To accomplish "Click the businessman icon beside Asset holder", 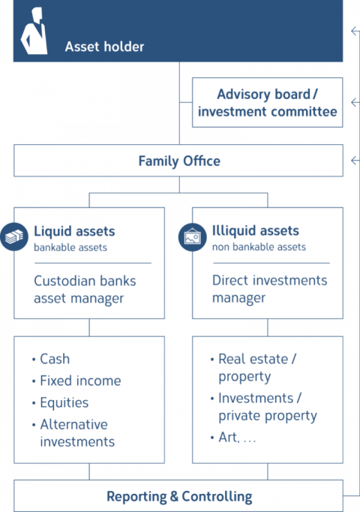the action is click(34, 31).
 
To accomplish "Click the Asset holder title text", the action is click(104, 47).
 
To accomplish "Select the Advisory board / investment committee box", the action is click(268, 103).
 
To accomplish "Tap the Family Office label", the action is click(179, 161).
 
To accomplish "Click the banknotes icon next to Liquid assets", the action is click(14, 236).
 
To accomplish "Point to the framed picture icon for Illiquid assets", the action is click(193, 237).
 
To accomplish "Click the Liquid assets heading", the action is click(74, 231).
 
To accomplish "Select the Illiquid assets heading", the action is click(255, 230).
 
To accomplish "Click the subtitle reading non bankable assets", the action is click(259, 247).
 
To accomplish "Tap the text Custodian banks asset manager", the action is click(85, 290).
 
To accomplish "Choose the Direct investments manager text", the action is click(269, 289).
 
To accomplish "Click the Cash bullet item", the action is click(51, 359).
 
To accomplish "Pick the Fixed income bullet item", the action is click(76, 381).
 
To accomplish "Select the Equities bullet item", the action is click(60, 402).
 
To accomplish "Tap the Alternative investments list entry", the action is click(73, 433).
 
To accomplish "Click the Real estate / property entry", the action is click(253, 368).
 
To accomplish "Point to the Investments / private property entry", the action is click(263, 407).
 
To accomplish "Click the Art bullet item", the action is click(232, 437).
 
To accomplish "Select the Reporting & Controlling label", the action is click(179, 496).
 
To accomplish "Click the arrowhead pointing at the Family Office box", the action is click(354, 161).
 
